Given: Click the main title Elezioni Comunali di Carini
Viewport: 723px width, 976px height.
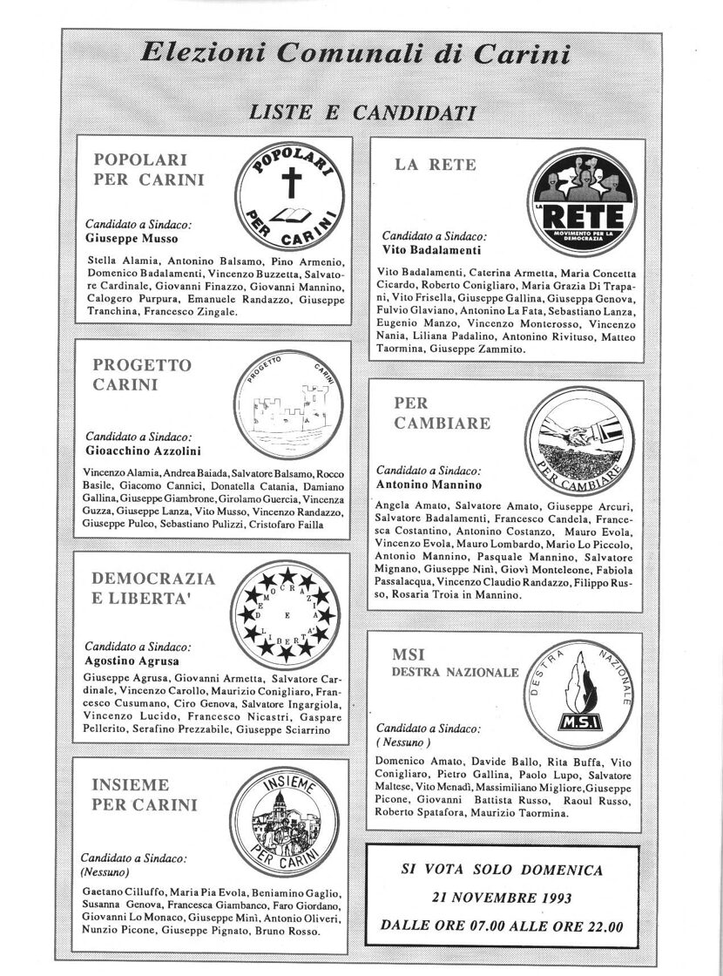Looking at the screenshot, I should click(355, 55).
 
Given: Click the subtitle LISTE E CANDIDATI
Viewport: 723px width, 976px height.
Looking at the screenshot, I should click(361, 112).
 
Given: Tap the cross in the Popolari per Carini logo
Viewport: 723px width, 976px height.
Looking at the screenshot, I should click(289, 185).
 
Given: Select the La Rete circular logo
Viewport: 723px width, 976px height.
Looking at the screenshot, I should click(579, 201).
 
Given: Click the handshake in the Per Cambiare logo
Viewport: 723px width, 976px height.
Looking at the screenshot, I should click(578, 428).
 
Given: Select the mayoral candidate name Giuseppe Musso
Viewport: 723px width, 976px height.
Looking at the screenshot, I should click(132, 238).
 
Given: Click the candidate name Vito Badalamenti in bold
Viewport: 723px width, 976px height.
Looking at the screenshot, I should click(433, 248).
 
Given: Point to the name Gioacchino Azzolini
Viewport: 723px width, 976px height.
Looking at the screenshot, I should click(143, 451).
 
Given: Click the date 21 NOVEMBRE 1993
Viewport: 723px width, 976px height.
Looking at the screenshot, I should click(501, 898).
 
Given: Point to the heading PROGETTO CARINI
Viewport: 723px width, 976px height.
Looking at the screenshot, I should click(142, 374).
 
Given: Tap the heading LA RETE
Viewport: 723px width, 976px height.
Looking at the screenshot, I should click(436, 165).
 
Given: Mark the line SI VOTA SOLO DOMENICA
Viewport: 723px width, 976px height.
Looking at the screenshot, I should click(501, 871).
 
